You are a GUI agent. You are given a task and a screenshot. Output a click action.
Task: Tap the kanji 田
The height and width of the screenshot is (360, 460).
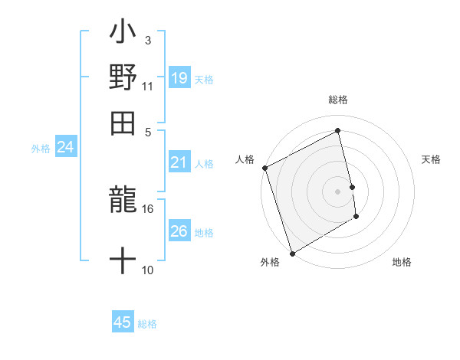[123, 123]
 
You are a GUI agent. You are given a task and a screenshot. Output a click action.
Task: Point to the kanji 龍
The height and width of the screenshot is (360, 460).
[123, 202]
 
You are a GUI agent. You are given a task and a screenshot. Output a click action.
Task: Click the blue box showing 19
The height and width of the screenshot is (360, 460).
[179, 78]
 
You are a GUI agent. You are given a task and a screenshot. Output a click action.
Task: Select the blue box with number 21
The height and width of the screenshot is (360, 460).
[179, 162]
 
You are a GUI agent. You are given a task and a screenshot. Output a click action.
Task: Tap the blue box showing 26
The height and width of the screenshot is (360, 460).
[179, 231]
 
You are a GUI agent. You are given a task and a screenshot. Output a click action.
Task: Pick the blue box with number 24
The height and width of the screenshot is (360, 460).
[66, 147]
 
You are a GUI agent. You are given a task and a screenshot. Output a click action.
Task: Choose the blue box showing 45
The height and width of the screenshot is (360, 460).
[123, 322]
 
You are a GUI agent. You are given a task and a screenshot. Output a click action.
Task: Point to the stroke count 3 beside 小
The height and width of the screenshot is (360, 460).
[147, 40]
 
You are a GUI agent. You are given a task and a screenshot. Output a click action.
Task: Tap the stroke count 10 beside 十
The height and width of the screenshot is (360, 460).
[147, 270]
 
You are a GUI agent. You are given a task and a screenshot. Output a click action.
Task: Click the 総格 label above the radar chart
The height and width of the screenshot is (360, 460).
[338, 100]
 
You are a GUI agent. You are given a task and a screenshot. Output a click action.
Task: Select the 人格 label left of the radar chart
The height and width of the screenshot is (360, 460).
[245, 159]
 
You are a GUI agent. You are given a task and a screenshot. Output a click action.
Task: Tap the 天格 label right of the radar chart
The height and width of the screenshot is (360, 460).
[432, 159]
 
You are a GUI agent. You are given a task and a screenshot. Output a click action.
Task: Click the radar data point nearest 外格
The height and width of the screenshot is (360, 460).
[292, 253]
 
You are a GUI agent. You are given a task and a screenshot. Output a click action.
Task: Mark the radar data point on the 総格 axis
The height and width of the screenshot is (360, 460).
[338, 130]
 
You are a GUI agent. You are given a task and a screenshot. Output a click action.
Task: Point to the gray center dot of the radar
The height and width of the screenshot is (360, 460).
[338, 191]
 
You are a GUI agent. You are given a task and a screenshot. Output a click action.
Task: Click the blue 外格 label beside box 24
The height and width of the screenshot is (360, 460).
[41, 149]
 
